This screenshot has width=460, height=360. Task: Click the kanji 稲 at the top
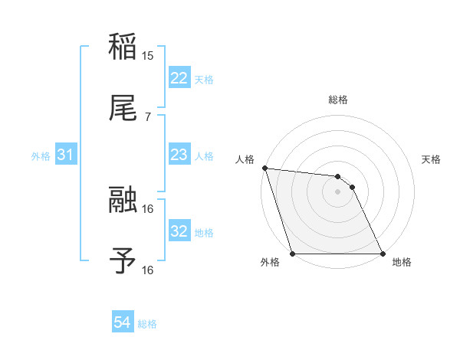123,47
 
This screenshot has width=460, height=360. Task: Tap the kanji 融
123,200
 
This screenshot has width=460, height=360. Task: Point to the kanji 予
123,261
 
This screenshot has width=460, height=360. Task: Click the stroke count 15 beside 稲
148,55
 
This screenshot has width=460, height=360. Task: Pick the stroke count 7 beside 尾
148,116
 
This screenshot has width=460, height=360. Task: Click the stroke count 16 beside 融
148,208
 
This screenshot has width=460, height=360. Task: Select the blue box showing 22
179,78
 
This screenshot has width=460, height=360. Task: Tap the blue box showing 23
179,155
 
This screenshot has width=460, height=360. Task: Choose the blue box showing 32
179,231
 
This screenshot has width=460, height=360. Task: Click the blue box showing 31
67,155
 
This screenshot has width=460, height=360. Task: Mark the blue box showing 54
123,323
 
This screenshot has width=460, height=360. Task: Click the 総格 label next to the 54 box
147,324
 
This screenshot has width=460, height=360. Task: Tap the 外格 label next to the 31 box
41,155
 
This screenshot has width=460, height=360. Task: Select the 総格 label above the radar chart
338,100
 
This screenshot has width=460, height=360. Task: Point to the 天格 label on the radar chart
432,159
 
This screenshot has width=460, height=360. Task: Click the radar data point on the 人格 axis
264,168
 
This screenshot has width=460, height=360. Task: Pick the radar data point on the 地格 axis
382,254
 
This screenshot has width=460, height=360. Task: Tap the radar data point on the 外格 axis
293,254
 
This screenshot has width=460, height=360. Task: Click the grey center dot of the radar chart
337,191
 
